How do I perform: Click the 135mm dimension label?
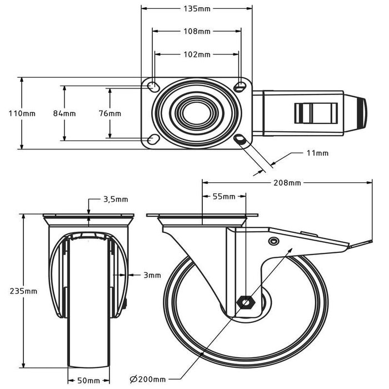197,9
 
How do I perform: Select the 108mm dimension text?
197,32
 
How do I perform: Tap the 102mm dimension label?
197,54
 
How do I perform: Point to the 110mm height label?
22,113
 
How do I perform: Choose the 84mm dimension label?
64,113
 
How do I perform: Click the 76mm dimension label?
110,113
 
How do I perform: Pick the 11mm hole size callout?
317,153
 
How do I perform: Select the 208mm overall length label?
287,183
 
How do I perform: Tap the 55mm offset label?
224,197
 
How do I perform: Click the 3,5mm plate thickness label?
116,200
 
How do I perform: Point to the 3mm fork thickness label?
152,275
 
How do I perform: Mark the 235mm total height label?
23,291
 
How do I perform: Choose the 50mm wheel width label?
88,381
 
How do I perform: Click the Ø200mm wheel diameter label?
148,380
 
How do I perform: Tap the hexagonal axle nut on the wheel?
246,303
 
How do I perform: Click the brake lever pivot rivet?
273,241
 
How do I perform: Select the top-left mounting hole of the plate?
153,87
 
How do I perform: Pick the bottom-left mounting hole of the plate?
153,139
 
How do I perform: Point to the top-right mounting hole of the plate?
240,87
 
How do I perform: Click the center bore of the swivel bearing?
197,113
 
